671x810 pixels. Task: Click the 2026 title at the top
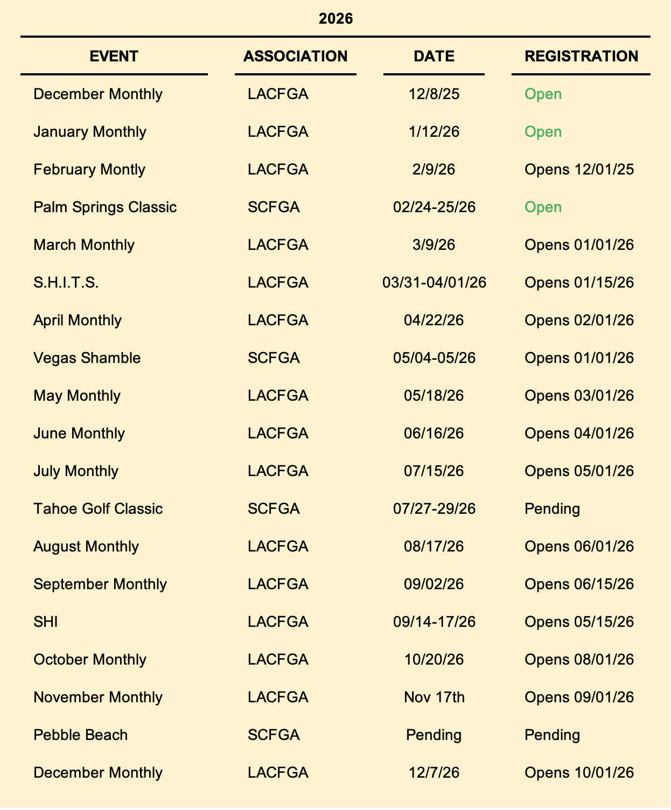pyautogui.click(x=336, y=19)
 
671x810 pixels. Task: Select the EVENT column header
pyautogui.click(x=114, y=56)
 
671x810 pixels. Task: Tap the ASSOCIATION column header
pyautogui.click(x=295, y=56)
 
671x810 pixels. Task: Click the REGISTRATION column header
pyautogui.click(x=581, y=56)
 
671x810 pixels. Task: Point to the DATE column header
pyautogui.click(x=434, y=56)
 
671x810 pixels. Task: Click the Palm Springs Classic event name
pyautogui.click(x=105, y=207)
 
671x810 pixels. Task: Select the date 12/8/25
pyautogui.click(x=434, y=94)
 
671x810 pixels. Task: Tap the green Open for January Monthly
pyautogui.click(x=543, y=132)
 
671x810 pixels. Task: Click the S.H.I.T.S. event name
pyautogui.click(x=66, y=283)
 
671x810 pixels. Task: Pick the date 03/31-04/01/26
pyautogui.click(x=434, y=283)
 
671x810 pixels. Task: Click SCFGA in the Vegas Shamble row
pyautogui.click(x=274, y=358)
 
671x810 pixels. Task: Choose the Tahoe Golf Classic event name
pyautogui.click(x=98, y=509)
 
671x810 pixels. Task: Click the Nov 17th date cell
pyautogui.click(x=434, y=697)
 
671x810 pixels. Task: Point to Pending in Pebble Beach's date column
pyautogui.click(x=434, y=735)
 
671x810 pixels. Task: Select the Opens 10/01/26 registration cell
pyautogui.click(x=579, y=773)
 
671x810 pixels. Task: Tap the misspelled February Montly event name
pyautogui.click(x=89, y=170)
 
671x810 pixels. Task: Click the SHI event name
pyautogui.click(x=46, y=622)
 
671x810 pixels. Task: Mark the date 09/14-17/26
pyautogui.click(x=434, y=622)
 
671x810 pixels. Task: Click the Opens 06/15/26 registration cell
pyautogui.click(x=579, y=584)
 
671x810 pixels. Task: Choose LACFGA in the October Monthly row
pyautogui.click(x=278, y=660)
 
